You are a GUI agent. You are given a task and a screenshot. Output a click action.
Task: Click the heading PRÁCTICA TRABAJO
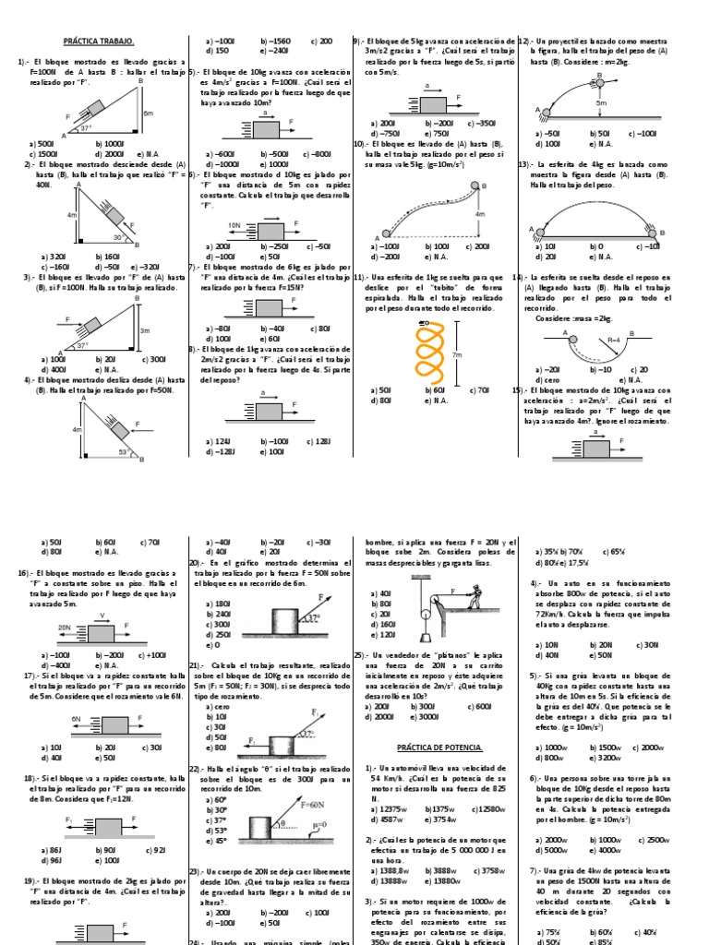[99, 42]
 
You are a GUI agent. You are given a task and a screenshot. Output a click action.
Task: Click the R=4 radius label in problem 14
[612, 340]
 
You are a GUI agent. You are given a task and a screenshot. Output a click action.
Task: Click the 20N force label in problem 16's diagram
[64, 627]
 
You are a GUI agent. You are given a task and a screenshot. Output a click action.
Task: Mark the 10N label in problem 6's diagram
[234, 224]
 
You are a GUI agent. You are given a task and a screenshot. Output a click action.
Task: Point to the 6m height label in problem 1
[161, 113]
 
